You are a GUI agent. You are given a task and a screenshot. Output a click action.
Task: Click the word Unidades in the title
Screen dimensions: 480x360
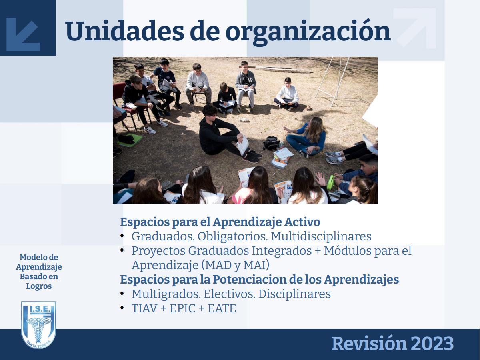click(125, 31)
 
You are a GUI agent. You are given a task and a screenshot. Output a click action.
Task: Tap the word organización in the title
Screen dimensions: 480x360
click(308, 32)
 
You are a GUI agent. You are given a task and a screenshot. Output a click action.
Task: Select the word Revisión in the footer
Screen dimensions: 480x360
click(369, 343)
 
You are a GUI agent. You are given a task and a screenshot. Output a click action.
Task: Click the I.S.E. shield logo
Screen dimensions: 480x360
click(38, 325)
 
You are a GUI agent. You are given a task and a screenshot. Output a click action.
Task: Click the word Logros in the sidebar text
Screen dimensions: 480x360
click(39, 286)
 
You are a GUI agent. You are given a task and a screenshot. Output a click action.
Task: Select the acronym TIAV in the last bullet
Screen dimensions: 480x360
click(144, 308)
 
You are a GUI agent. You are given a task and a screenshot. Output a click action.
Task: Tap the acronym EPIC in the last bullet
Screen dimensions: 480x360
click(182, 308)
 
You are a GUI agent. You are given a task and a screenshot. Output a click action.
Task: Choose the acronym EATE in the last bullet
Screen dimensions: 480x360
click(222, 308)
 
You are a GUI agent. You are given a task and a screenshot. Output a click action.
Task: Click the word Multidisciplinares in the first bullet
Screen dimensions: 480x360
click(321, 236)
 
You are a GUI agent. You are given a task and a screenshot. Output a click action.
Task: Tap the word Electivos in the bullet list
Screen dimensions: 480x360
click(229, 294)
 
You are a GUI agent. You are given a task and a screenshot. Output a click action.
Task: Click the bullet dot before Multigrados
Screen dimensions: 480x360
click(122, 293)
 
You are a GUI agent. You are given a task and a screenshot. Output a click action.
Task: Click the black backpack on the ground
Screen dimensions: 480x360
click(271, 143)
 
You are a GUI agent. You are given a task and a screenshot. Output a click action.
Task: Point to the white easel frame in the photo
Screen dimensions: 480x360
click(332, 81)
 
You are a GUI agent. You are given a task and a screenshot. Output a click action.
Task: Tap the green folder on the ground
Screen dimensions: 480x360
click(130, 140)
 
